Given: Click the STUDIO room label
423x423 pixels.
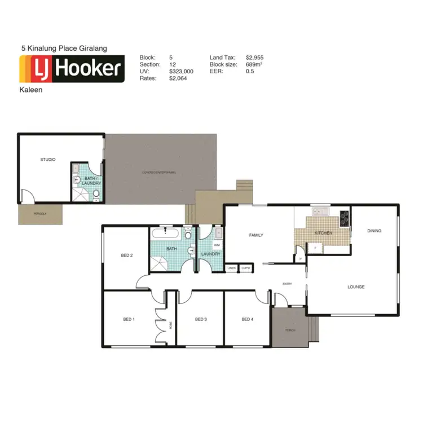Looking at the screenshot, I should point(48,160).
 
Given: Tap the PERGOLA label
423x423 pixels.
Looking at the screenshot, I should point(39,214).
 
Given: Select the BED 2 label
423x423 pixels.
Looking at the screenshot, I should point(127,255).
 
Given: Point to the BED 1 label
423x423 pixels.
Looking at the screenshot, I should point(129,319).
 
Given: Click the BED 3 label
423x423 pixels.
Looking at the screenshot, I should point(201,319).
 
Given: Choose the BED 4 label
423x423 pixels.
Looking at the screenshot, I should point(247,319).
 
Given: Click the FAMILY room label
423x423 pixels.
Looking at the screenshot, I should point(257,235).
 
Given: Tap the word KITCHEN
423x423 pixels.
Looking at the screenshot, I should point(323,232).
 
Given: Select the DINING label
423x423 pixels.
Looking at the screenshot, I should point(374,230).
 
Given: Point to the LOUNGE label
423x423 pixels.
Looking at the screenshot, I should point(356,287).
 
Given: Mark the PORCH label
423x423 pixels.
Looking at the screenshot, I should point(290,330).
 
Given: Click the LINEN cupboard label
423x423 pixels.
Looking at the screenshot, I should point(232,268).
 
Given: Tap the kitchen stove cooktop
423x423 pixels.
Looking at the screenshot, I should point(343,216).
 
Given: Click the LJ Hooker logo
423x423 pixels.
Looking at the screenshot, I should point(72,69).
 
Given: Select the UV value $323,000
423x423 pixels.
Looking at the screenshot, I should point(181,72).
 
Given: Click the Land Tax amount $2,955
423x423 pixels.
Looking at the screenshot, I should point(255,58).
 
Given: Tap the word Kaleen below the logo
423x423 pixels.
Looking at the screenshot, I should point(31,89).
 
